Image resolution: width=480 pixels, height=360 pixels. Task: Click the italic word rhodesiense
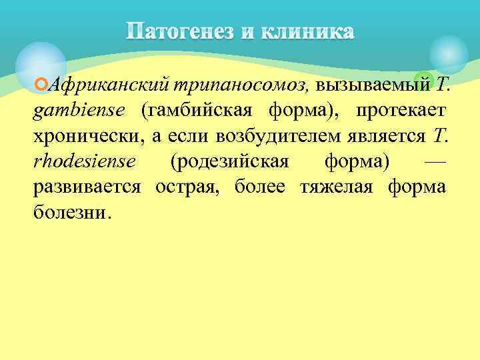point(84,161)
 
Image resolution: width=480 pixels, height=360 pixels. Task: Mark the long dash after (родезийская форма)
point(435,161)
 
